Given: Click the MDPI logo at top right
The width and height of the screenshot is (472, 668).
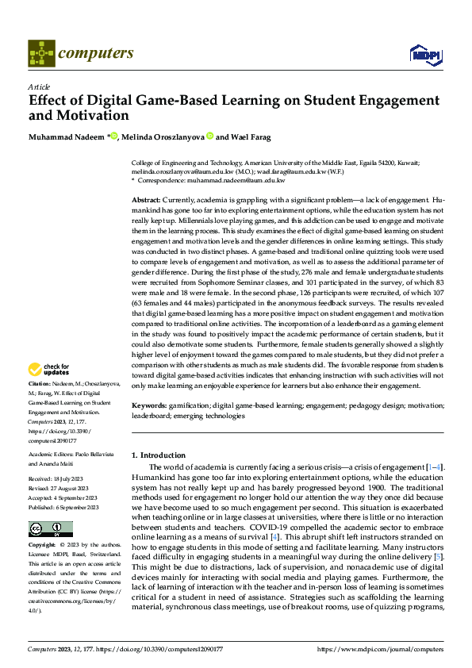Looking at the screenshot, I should (424, 53).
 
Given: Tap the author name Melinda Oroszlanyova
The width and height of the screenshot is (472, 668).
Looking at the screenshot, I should (163, 136).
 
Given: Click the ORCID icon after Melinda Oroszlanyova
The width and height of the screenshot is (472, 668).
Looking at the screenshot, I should (210, 136).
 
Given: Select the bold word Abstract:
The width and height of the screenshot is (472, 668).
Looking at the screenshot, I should (146, 199).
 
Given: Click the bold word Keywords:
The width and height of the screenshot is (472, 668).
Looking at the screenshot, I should (149, 405).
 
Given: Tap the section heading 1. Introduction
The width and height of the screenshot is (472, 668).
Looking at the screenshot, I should (159, 455).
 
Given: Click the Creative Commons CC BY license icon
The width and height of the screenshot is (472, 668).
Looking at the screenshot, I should (50, 507).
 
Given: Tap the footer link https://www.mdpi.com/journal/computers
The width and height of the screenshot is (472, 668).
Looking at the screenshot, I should (380, 649).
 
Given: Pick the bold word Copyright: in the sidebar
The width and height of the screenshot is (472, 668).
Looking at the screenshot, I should (42, 524).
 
